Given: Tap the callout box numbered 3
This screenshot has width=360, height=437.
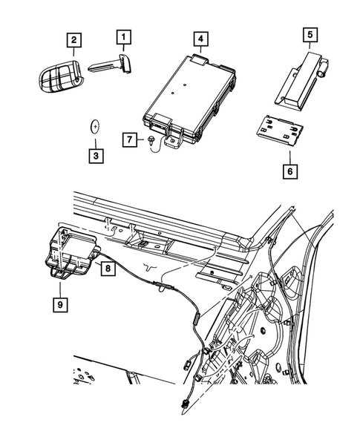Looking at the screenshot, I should (96, 156).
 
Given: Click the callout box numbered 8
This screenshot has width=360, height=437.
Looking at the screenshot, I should (108, 269).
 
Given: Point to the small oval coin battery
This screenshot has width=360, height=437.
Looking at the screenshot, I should (95, 125).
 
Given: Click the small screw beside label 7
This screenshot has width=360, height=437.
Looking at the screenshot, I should (150, 138).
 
